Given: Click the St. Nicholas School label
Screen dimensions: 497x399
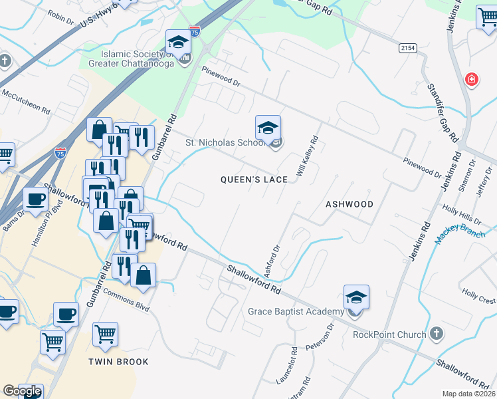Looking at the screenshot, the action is pos(225,143).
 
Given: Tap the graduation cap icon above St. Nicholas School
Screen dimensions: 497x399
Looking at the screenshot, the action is pos(268,128).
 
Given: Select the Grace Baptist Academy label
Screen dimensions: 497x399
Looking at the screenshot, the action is pos(296,311).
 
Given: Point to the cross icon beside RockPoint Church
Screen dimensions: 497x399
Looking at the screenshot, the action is pos(437,332).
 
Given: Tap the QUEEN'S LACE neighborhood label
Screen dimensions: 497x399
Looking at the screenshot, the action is pos(254,180).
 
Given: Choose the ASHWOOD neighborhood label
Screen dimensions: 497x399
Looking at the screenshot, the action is pos(349,204).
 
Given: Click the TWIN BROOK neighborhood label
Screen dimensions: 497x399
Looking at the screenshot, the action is pos(119,362).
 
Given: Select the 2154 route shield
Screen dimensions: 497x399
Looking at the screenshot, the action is pos(409,48).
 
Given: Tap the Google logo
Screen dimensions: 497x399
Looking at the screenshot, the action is pos(22,391).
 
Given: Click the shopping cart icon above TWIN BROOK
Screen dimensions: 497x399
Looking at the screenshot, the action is pos(105,334).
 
